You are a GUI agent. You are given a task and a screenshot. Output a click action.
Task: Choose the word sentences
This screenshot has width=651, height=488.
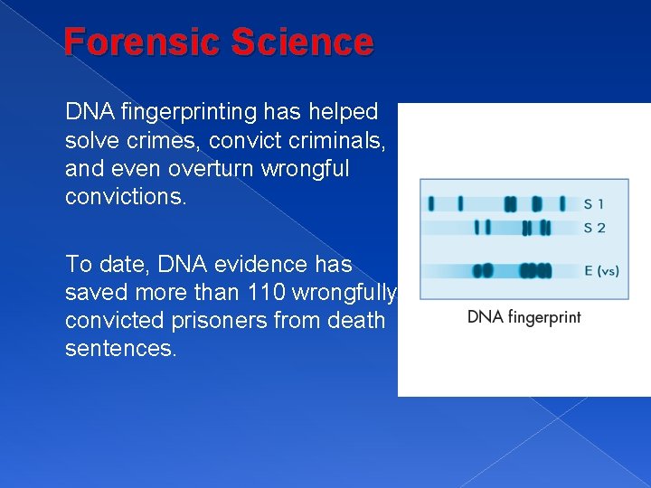[x=121, y=349]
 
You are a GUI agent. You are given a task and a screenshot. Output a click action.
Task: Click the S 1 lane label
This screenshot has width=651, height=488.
[x=594, y=204]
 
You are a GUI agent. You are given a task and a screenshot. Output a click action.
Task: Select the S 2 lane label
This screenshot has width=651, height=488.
[x=594, y=227]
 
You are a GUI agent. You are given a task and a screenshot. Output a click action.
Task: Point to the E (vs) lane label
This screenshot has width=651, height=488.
[x=601, y=269]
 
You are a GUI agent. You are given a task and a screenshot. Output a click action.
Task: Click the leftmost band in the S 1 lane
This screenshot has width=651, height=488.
[x=431, y=203]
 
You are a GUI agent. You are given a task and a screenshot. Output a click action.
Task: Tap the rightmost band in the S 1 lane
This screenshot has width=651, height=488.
[x=562, y=203]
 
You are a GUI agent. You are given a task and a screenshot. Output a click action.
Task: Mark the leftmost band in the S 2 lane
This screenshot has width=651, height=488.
[x=477, y=227]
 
